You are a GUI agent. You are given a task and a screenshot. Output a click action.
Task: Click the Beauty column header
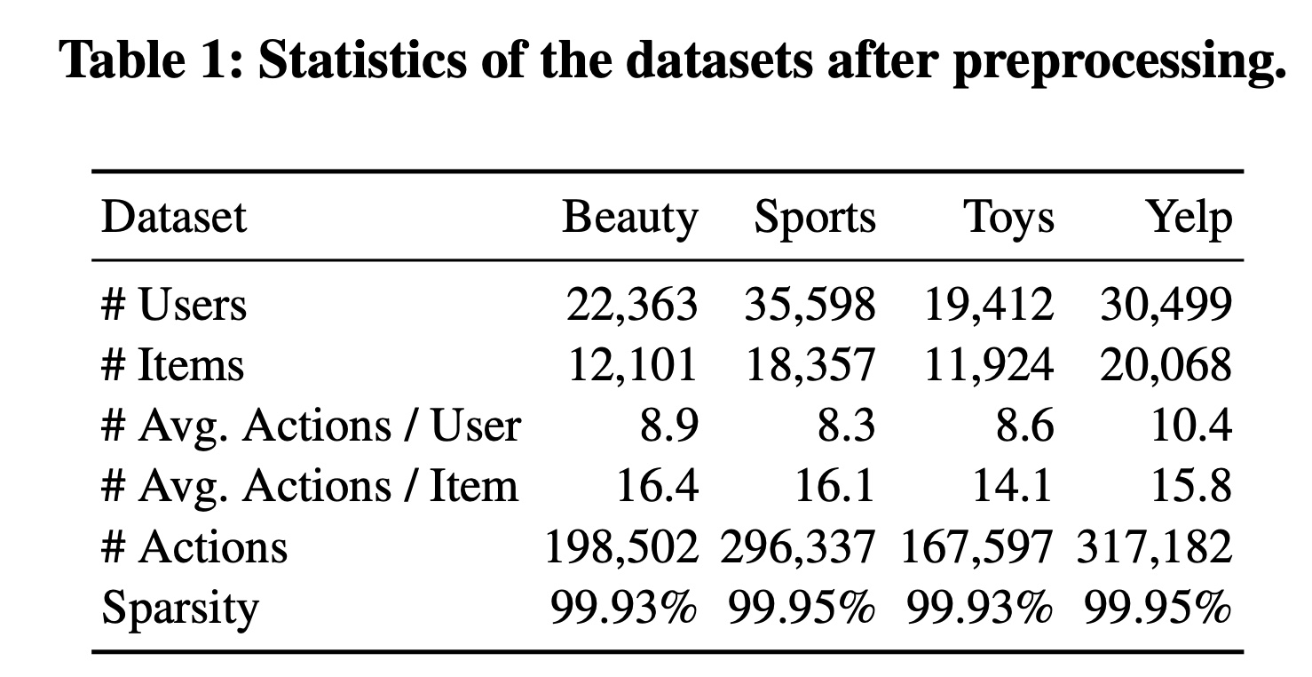click(629, 218)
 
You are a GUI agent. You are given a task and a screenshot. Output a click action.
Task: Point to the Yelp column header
click(1190, 218)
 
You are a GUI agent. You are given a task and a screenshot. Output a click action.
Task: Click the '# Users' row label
click(174, 306)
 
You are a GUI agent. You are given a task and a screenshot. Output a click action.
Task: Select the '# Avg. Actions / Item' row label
click(309, 486)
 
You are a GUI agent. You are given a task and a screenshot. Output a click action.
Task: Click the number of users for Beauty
click(632, 306)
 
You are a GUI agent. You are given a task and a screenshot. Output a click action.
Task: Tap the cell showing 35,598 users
click(810, 306)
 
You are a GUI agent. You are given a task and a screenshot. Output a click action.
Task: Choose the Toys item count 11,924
click(988, 366)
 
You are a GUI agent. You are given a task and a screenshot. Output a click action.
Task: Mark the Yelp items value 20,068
click(1166, 366)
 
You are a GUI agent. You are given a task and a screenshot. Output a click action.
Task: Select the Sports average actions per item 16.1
click(835, 486)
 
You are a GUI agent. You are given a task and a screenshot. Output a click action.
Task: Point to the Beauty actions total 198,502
click(621, 546)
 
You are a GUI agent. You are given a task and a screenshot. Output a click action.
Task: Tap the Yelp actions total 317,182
click(1154, 546)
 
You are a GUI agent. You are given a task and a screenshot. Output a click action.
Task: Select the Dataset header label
click(173, 218)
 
